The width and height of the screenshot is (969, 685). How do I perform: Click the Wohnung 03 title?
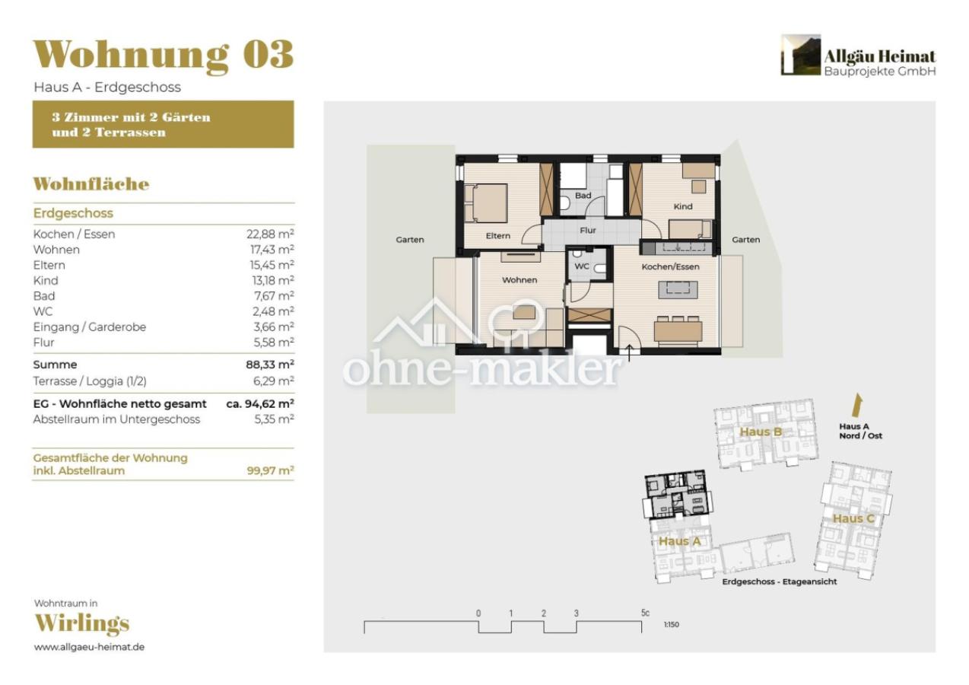163,55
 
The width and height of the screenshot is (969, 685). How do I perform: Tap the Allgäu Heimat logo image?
800,55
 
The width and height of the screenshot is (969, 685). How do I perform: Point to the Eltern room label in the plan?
498,236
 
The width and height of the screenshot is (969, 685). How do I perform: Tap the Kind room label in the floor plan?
682,206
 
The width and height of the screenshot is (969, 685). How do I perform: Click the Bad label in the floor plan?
583,196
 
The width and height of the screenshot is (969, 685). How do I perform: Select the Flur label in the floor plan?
588,230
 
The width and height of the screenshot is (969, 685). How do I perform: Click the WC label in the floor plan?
582,266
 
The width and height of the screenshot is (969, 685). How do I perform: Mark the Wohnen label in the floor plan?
519,280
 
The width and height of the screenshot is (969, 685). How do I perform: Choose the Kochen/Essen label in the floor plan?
670,267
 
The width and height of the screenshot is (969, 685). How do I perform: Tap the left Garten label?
410,240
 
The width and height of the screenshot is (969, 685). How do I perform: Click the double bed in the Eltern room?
488,203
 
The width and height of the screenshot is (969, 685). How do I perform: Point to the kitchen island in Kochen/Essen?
677,288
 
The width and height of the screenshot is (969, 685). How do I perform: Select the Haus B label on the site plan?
761,432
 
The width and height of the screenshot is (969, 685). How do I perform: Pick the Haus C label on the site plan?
847,518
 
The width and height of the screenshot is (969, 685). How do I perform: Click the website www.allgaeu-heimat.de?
90,647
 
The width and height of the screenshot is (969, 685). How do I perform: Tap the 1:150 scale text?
671,624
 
